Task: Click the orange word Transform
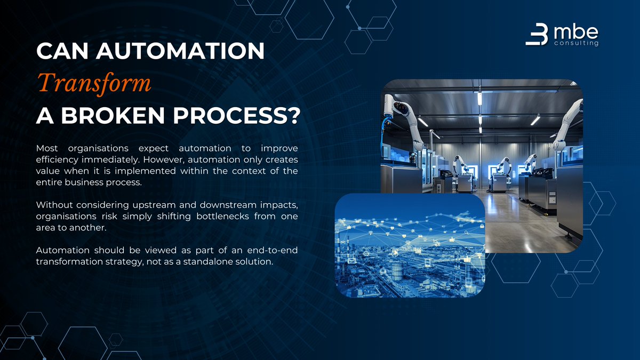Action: click(94, 83)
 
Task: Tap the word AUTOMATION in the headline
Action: click(180, 51)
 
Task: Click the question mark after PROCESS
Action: click(293, 115)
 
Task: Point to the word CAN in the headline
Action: click(62, 51)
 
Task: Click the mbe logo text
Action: click(575, 33)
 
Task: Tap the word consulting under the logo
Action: click(577, 43)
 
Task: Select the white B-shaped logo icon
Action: click(537, 34)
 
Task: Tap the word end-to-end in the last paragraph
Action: click(273, 250)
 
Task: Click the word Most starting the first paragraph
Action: click(47, 148)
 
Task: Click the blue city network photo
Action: click(410, 245)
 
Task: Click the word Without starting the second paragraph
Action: click(54, 205)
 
